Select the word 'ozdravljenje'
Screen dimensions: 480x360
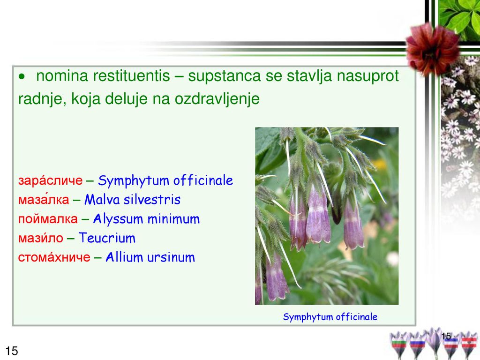(x=217, y=99)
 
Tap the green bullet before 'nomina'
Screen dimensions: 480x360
(x=22, y=76)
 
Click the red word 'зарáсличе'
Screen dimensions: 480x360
(x=50, y=180)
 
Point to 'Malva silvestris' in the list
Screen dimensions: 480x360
(x=132, y=199)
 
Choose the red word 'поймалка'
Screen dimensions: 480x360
(x=48, y=219)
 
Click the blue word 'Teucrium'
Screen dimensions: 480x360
(x=107, y=238)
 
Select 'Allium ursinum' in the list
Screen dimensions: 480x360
(x=150, y=257)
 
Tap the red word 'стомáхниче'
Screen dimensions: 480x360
(x=54, y=257)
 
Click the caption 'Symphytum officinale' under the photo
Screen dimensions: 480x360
(x=330, y=317)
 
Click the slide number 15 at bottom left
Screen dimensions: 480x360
(x=12, y=351)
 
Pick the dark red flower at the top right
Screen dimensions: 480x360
(x=432, y=48)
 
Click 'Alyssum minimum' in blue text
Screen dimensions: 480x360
(x=146, y=219)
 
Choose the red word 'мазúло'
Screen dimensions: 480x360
(x=41, y=238)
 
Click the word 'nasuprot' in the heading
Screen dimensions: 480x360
(x=367, y=76)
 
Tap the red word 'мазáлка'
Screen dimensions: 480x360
(x=44, y=199)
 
